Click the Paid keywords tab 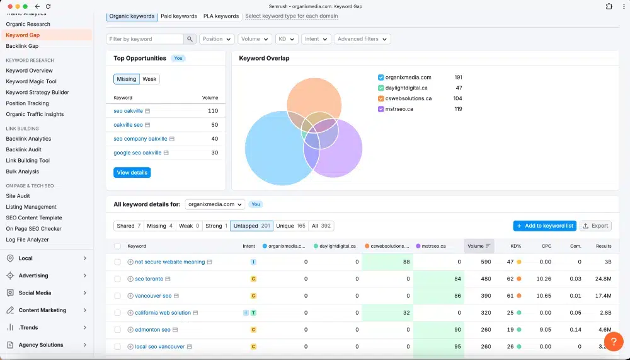[x=179, y=16]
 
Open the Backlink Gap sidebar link [x=22, y=46]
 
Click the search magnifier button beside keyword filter [x=190, y=39]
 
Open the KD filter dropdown [x=287, y=39]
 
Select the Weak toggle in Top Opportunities [x=149, y=79]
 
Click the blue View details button [x=132, y=173]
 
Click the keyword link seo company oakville [x=140, y=139]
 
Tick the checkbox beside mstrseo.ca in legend [x=381, y=109]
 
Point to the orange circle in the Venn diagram [x=314, y=96]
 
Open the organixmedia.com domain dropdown [x=215, y=204]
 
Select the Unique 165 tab [x=290, y=226]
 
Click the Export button [x=595, y=226]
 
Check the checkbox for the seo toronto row [x=117, y=279]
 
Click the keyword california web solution [x=163, y=313]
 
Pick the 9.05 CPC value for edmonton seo [x=545, y=330]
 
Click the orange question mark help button [x=614, y=342]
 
